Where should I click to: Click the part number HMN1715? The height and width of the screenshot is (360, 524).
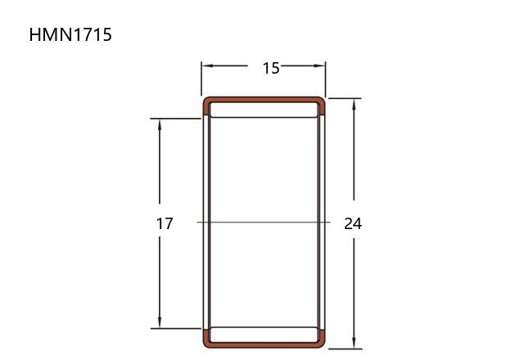pyautogui.click(x=70, y=34)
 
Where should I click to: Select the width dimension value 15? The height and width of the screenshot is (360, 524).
pyautogui.click(x=271, y=68)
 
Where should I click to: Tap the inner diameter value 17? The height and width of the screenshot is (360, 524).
pyautogui.click(x=165, y=223)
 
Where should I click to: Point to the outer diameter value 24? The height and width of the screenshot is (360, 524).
pyautogui.click(x=353, y=223)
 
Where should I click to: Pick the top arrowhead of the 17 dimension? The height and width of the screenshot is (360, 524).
pyautogui.click(x=160, y=125)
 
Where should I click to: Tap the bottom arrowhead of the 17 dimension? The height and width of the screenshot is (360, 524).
pyautogui.click(x=160, y=322)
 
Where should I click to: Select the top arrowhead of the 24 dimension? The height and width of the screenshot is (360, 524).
pyautogui.click(x=354, y=105)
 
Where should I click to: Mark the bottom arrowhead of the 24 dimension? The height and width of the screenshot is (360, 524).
pyautogui.click(x=354, y=343)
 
